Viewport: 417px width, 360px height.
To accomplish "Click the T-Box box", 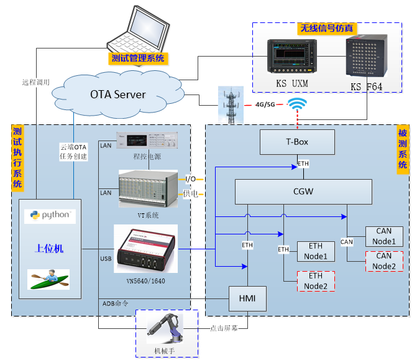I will [297, 142].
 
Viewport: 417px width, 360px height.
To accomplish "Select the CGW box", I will [303, 192].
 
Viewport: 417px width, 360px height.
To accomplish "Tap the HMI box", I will [248, 299].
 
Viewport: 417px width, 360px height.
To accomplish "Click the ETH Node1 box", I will [316, 251].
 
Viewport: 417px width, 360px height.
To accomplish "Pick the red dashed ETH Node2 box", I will [316, 281].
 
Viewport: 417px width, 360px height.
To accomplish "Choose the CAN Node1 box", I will [384, 236].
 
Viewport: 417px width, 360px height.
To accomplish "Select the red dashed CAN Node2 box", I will [384, 261].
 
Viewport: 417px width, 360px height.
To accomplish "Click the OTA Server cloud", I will [118, 95].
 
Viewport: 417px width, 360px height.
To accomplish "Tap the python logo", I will [50, 216].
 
